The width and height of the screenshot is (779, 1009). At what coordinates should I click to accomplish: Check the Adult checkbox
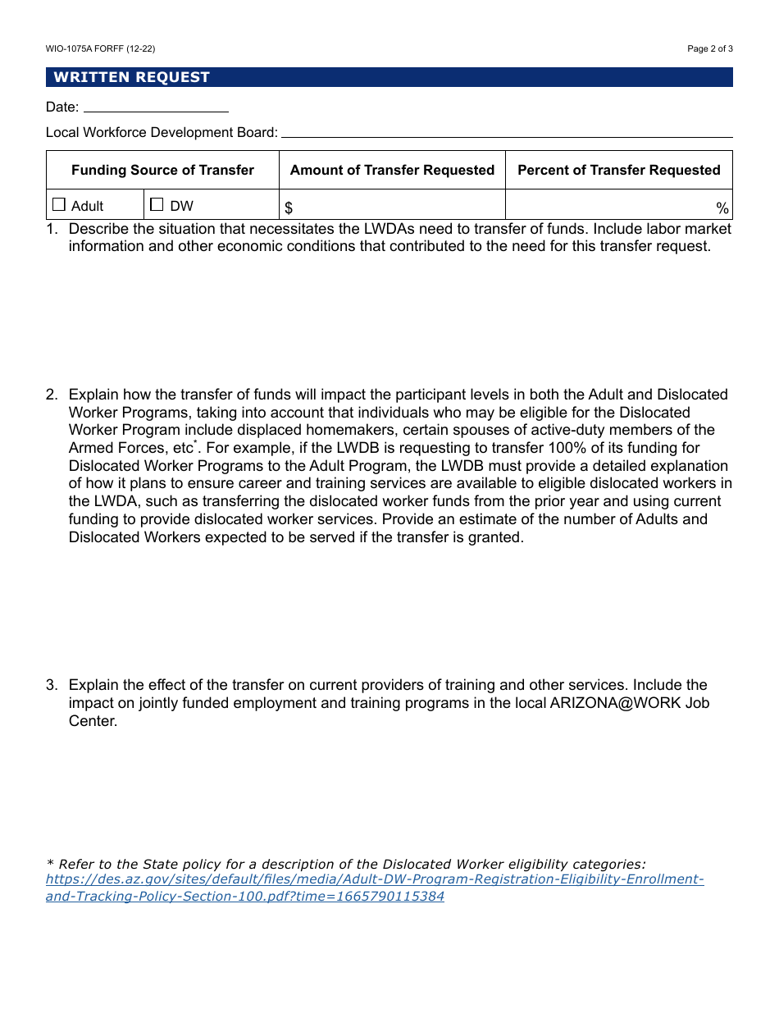(x=59, y=205)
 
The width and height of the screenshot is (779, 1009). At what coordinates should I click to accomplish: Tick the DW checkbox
(x=157, y=205)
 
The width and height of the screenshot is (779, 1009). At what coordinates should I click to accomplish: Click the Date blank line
(x=156, y=107)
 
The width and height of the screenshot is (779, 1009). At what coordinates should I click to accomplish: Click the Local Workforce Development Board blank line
(x=506, y=133)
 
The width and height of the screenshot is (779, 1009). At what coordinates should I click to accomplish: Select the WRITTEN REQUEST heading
(x=132, y=77)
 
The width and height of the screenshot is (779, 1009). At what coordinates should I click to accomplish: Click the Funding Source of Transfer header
(x=162, y=170)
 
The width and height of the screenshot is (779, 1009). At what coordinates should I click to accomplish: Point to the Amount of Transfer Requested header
(x=392, y=170)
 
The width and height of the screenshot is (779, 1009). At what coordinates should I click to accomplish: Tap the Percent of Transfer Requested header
(x=618, y=170)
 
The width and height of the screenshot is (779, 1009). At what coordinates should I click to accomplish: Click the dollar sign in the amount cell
(x=289, y=208)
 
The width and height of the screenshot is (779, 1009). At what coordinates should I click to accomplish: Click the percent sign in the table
(x=722, y=208)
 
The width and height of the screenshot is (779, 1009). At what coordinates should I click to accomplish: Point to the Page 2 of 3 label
(x=709, y=48)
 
